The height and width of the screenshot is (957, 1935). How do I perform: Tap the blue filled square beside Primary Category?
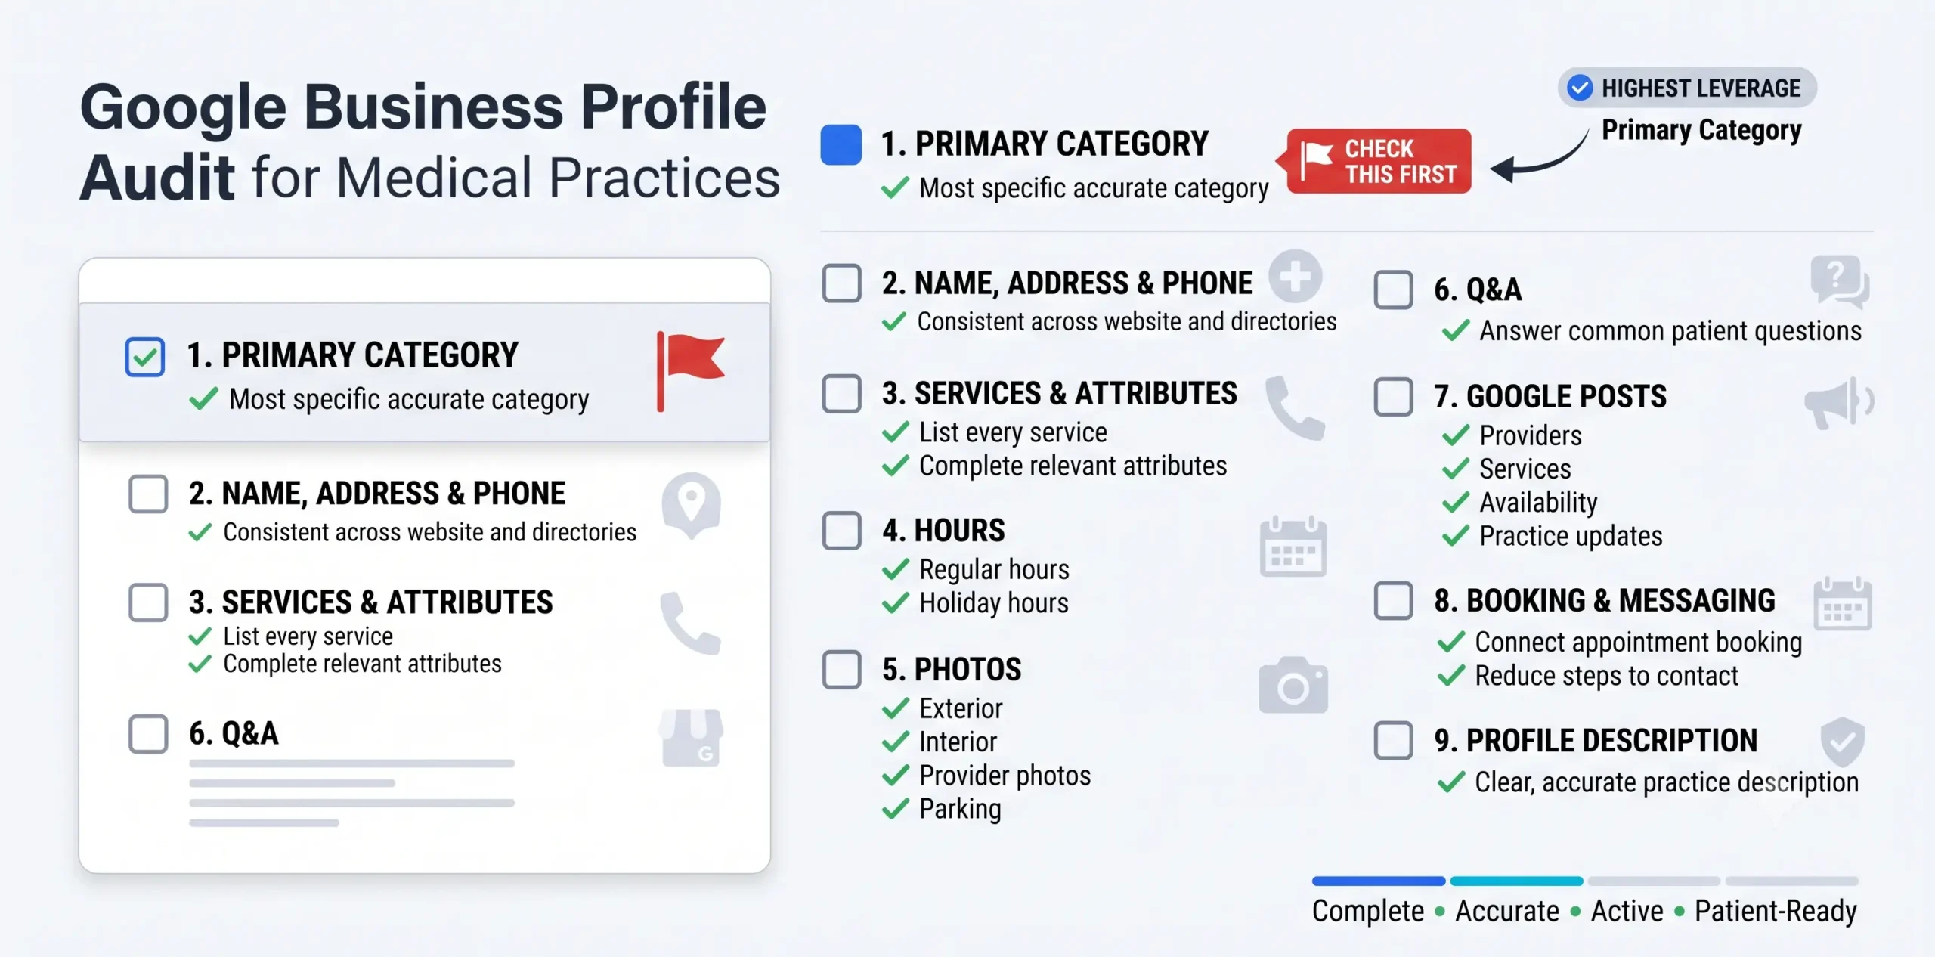(841, 144)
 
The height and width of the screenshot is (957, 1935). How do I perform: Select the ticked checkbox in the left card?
(145, 357)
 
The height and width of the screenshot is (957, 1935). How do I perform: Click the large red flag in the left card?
(690, 371)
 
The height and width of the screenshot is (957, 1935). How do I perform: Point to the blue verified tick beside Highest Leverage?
(1580, 88)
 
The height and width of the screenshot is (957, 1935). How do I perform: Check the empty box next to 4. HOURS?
(842, 531)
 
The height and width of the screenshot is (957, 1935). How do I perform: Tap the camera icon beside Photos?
(1293, 685)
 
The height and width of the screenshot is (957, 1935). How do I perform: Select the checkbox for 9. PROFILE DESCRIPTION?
(1394, 740)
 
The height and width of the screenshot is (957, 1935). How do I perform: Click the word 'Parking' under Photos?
(960, 810)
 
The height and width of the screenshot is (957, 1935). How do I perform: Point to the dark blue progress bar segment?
(1379, 881)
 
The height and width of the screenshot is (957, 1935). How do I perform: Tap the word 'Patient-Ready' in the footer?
(1776, 912)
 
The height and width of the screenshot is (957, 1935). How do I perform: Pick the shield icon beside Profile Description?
(1842, 742)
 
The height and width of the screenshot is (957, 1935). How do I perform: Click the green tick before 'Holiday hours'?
(895, 603)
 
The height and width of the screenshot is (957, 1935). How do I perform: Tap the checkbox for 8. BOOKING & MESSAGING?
(1394, 601)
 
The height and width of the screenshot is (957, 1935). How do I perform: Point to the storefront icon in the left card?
(691, 738)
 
